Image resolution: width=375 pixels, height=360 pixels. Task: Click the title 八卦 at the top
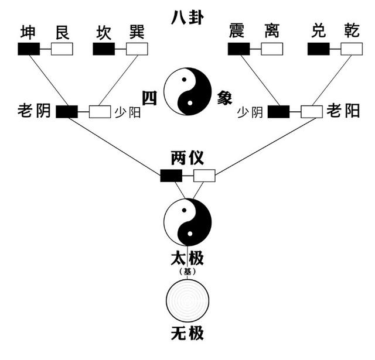point(187,17)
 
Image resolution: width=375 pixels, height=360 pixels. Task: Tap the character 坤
point(29,33)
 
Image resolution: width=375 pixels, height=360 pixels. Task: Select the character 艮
point(62,33)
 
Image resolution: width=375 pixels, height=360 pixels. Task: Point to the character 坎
point(104,33)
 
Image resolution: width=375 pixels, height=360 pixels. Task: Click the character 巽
point(137,33)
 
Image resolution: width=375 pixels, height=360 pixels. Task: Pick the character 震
point(238,33)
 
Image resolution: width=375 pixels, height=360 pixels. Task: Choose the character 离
point(271,33)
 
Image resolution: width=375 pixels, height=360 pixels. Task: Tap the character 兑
point(319,33)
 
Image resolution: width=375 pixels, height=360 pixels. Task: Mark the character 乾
point(352,33)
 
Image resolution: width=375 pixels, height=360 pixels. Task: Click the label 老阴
point(36,111)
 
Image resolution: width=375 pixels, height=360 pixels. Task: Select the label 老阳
point(343,111)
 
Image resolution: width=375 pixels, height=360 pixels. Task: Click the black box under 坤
point(29,49)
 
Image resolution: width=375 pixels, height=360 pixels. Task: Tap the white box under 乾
point(352,49)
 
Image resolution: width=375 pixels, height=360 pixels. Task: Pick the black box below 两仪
point(171,175)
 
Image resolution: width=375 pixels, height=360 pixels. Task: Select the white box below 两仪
point(204,175)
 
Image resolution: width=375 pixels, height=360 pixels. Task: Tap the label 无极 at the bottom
point(187,335)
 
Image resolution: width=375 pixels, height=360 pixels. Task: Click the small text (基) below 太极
point(187,271)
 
